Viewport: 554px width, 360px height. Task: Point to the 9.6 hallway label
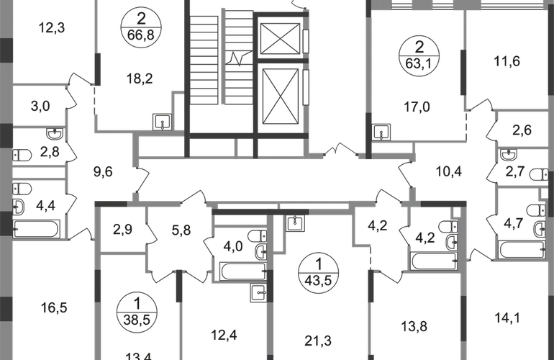(x=104, y=172)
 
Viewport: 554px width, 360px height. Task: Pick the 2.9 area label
(x=121, y=231)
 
